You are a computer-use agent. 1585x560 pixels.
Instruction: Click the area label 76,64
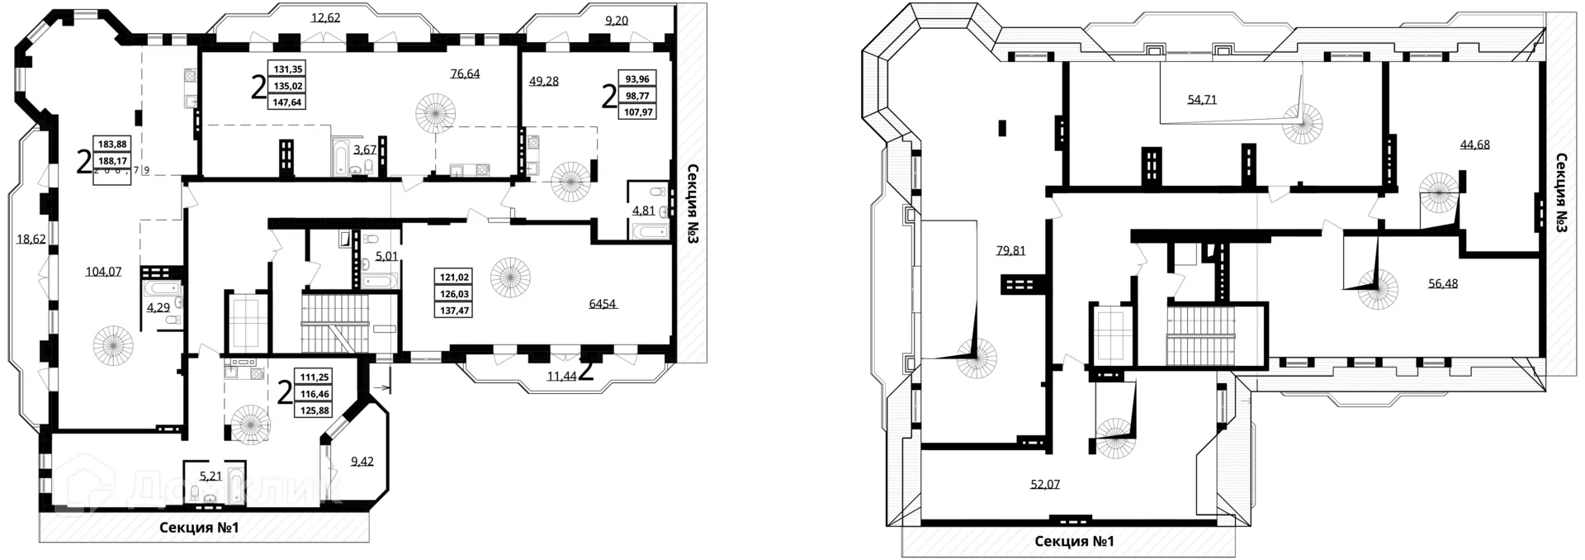click(465, 74)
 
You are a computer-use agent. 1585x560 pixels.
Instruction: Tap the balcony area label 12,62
click(325, 17)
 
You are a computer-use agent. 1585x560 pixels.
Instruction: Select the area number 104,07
click(104, 271)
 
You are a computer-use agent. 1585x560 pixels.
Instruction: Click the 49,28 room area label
click(544, 81)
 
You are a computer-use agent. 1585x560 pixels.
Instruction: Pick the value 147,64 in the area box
click(288, 103)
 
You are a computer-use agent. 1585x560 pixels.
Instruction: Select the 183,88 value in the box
click(114, 144)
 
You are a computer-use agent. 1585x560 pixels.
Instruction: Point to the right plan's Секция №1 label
click(1073, 542)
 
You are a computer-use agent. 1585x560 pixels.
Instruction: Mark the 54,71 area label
click(1201, 100)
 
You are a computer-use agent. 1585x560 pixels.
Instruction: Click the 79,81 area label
click(1010, 251)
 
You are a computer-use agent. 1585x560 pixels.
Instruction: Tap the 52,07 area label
click(1044, 484)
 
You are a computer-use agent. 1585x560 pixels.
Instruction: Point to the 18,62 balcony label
click(31, 240)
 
